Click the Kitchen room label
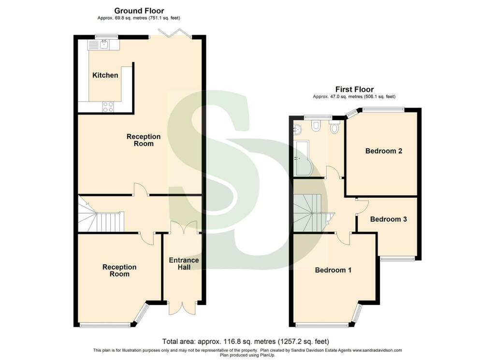click(105, 75)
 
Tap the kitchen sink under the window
click(99, 45)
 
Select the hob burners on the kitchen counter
click(108, 107)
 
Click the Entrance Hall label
click(184, 263)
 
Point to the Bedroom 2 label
click(383, 151)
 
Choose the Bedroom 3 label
click(388, 219)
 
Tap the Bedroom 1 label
click(333, 270)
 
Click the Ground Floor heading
click(139, 11)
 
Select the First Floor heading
click(354, 89)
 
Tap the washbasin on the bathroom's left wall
click(297, 129)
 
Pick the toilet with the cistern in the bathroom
click(334, 126)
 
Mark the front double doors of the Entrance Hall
click(182, 308)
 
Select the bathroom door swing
click(334, 172)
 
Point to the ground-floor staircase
click(101, 214)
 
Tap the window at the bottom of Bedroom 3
click(397, 259)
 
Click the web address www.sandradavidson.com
click(377, 350)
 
